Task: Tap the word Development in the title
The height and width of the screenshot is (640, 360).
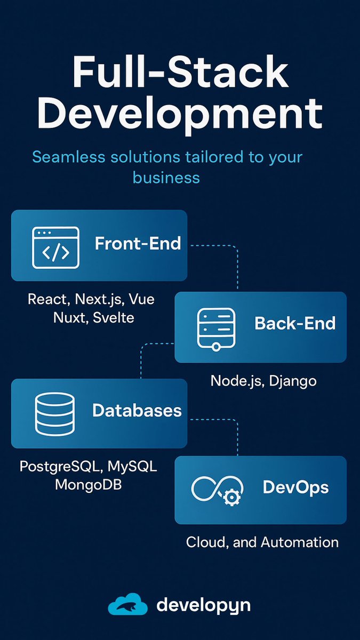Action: coord(180,113)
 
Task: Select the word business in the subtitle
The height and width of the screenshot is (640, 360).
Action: coord(166,177)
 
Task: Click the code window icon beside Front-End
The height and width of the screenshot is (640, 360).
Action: coord(55,246)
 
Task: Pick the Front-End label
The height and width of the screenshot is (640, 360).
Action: coord(138,244)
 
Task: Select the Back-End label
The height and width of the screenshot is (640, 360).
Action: coord(295,323)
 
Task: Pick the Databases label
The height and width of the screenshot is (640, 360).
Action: coord(137,410)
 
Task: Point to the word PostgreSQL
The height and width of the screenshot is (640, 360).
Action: coord(60,466)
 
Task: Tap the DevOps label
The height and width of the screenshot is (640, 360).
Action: coord(295,487)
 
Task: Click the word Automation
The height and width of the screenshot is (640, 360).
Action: coord(300,542)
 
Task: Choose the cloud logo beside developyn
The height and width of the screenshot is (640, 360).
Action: coord(127,605)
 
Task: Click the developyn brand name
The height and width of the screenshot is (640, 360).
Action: coord(203,605)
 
